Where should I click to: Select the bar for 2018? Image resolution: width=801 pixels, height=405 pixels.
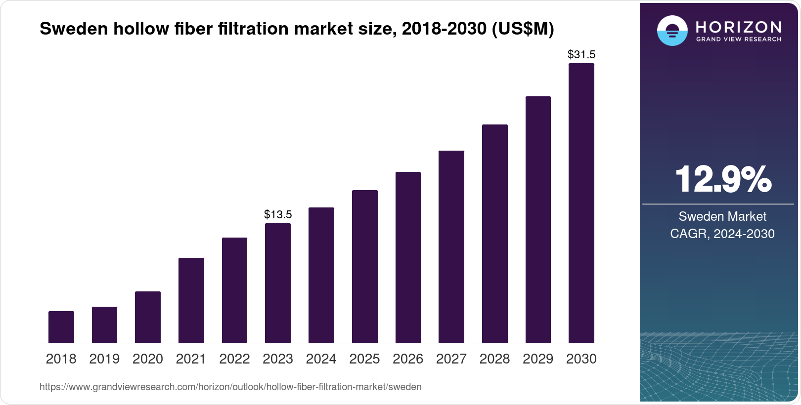pos(61,327)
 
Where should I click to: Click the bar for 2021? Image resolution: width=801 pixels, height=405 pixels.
pos(191,300)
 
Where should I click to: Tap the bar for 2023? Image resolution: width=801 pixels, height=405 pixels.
pos(278,283)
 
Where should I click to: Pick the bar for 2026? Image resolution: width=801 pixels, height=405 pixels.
pos(408,257)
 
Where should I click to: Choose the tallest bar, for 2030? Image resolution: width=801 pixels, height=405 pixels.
pos(581,203)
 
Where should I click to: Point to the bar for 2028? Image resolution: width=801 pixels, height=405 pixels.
pos(495,234)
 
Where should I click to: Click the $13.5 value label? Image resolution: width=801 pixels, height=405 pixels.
pos(278,214)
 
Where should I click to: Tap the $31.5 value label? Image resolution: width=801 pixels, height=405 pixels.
pos(581,54)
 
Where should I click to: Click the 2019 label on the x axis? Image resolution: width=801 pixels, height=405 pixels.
pos(104,359)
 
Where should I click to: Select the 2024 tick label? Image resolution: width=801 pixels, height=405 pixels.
pos(321,359)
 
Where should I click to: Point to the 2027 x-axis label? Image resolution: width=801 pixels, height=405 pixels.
pos(451,359)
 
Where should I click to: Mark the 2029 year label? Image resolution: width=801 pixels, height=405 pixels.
pos(538,359)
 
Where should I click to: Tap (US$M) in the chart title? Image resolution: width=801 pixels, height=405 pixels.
pos(523,29)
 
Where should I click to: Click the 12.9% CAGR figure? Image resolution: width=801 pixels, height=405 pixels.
pos(722,179)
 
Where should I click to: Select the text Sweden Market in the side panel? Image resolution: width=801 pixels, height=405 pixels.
pos(722,216)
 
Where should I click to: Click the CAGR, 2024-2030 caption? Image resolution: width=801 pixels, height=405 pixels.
pos(722,234)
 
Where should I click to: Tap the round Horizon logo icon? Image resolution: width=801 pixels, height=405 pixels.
pos(672,31)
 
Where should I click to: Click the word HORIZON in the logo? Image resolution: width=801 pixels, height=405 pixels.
pos(738,27)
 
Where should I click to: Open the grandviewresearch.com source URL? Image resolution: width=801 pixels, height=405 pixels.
pos(230,387)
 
